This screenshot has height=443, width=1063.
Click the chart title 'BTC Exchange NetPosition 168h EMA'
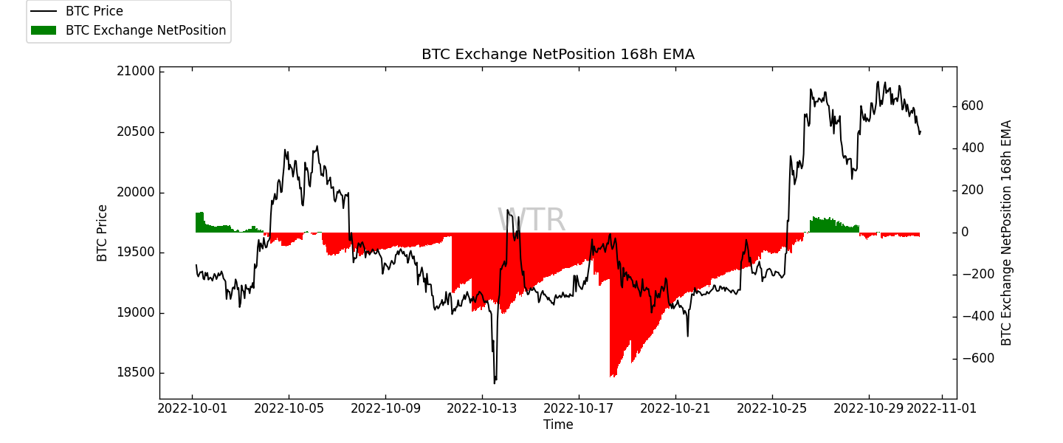[557, 55]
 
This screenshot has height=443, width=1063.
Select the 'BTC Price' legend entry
[94, 12]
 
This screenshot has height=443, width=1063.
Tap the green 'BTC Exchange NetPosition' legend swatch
[44, 30]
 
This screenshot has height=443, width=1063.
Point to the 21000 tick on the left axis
[137, 72]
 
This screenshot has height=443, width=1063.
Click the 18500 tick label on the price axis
[137, 373]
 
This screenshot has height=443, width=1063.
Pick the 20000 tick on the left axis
[137, 193]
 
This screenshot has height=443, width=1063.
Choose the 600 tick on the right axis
[972, 106]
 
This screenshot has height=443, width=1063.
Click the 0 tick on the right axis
[966, 233]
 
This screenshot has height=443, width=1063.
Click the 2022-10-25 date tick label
[772, 408]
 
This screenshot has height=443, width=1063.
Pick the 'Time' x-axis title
[558, 425]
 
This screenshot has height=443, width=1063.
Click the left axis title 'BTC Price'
[103, 233]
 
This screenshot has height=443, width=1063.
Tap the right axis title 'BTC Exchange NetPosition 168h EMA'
[1007, 233]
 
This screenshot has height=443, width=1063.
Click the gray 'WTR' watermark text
[531, 221]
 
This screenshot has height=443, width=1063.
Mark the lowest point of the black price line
[495, 382]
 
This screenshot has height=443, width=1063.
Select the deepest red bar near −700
[611, 375]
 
